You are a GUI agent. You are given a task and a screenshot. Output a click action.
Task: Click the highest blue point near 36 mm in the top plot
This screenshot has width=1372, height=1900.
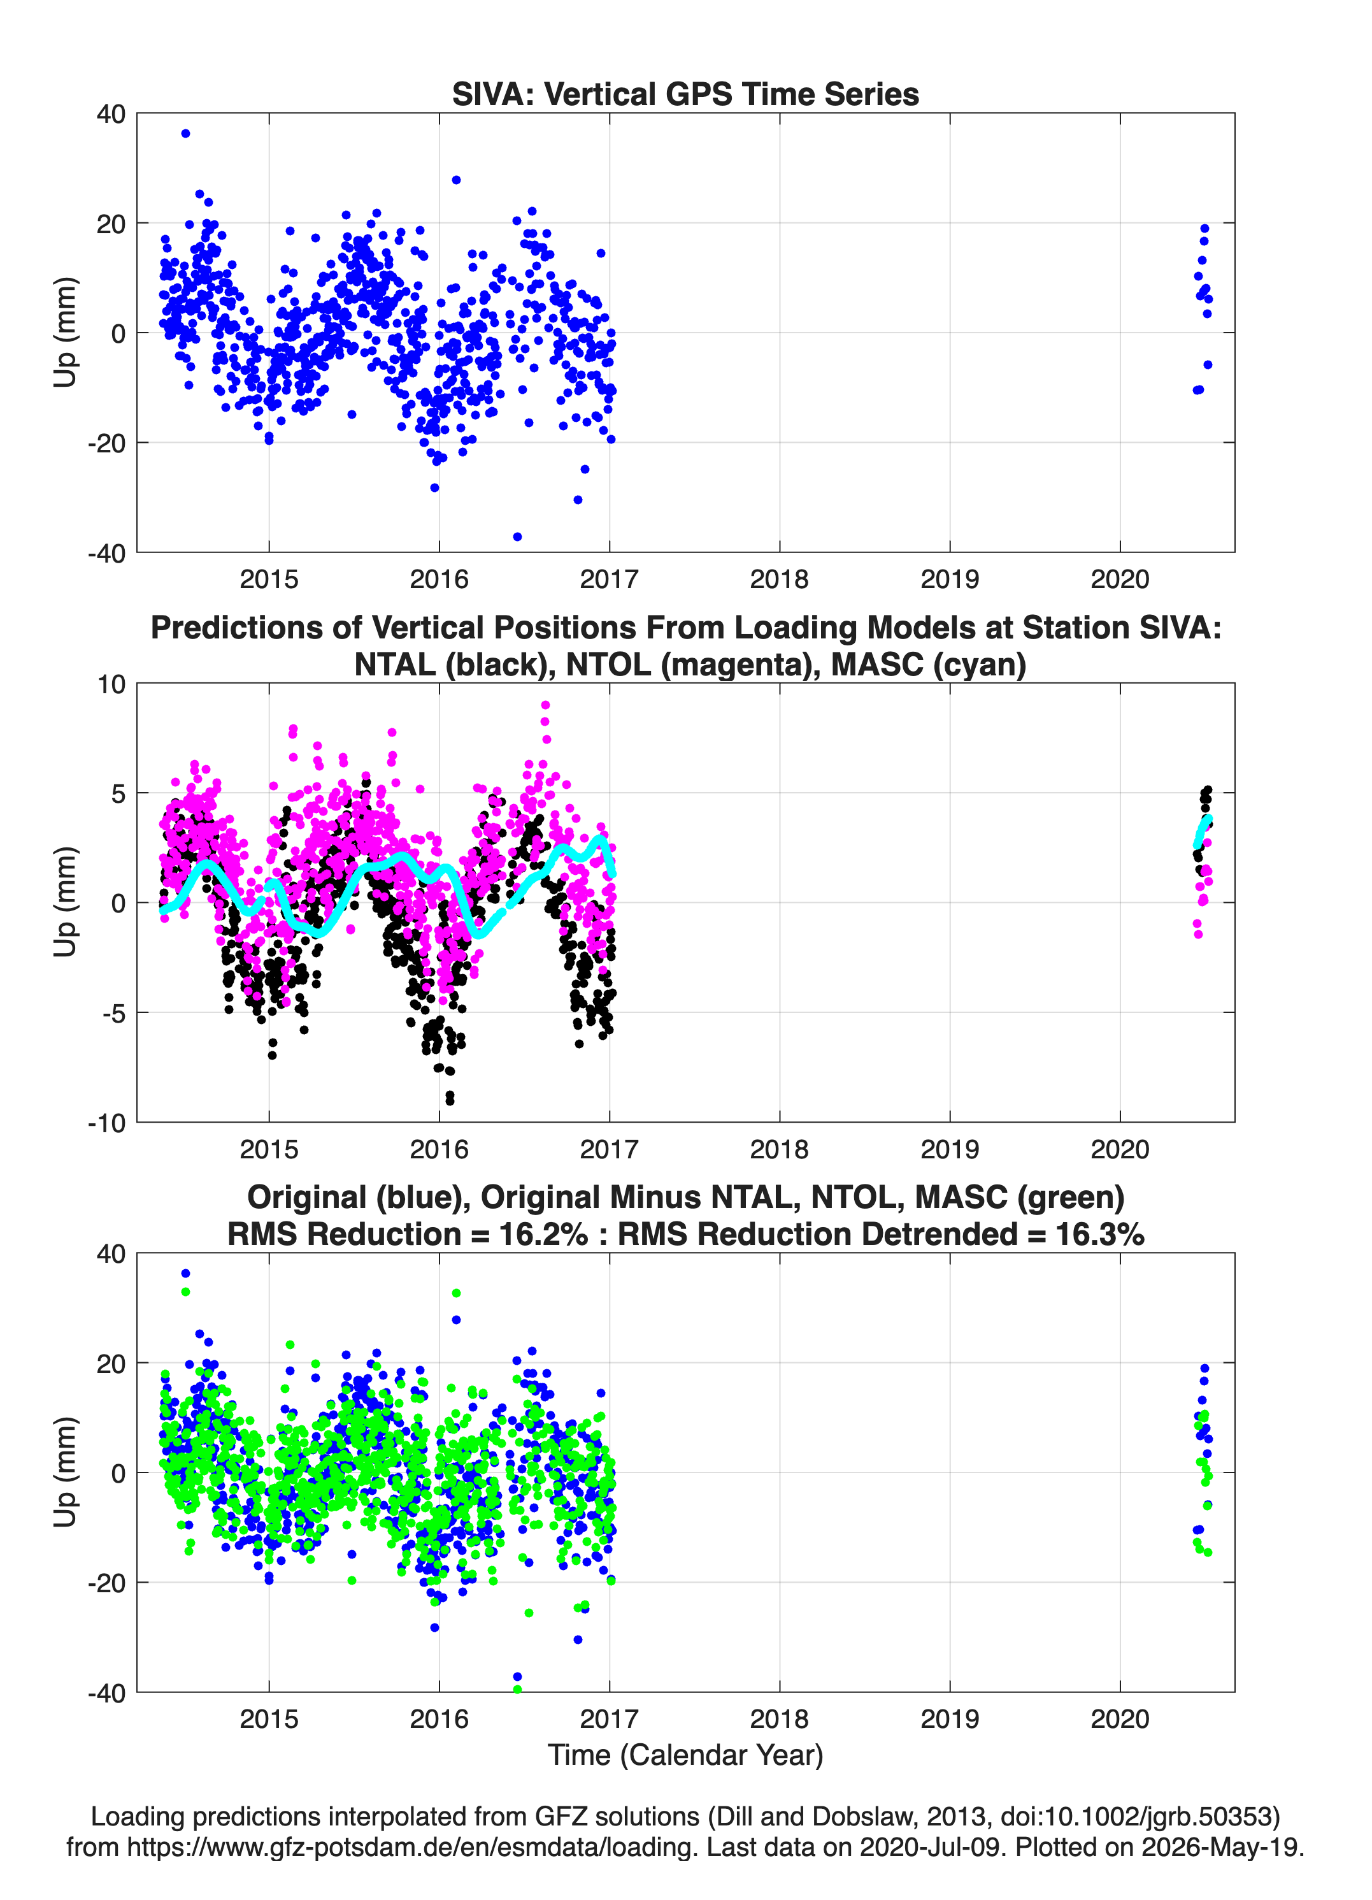point(185,133)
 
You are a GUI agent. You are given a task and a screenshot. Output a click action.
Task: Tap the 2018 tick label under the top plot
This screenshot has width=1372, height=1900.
point(779,579)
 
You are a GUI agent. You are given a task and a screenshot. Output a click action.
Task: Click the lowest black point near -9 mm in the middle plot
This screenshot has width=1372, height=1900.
point(450,1100)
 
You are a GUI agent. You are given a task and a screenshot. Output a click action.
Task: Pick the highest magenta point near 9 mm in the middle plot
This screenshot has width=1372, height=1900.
point(545,705)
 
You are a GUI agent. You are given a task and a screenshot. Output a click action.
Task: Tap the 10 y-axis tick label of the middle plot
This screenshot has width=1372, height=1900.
point(111,684)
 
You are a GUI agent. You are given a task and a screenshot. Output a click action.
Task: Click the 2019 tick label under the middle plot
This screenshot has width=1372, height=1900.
point(950,1149)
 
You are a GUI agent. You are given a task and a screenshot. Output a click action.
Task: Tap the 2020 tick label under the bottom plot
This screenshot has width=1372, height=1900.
point(1120,1718)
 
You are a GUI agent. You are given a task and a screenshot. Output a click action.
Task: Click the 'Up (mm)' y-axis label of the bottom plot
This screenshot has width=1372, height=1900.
point(66,1472)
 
